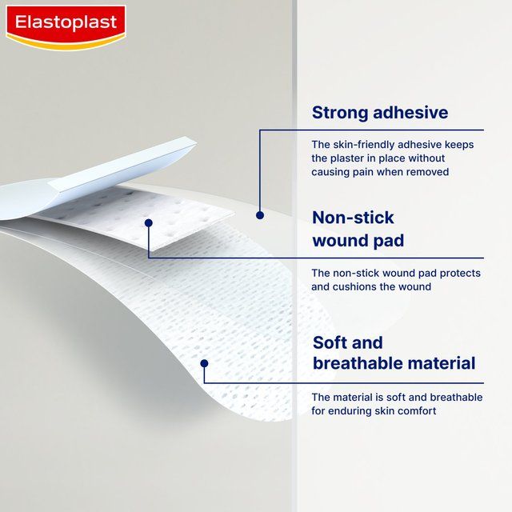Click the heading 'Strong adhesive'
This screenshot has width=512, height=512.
coord(379,112)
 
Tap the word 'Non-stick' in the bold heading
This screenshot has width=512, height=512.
coord(353,218)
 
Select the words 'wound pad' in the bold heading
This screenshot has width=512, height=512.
coord(358,241)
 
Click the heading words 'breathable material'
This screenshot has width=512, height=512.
coord(394,363)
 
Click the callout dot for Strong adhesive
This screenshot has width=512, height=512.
coord(259,215)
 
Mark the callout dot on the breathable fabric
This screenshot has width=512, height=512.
coord(205,363)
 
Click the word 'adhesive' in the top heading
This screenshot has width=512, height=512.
coord(413,112)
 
